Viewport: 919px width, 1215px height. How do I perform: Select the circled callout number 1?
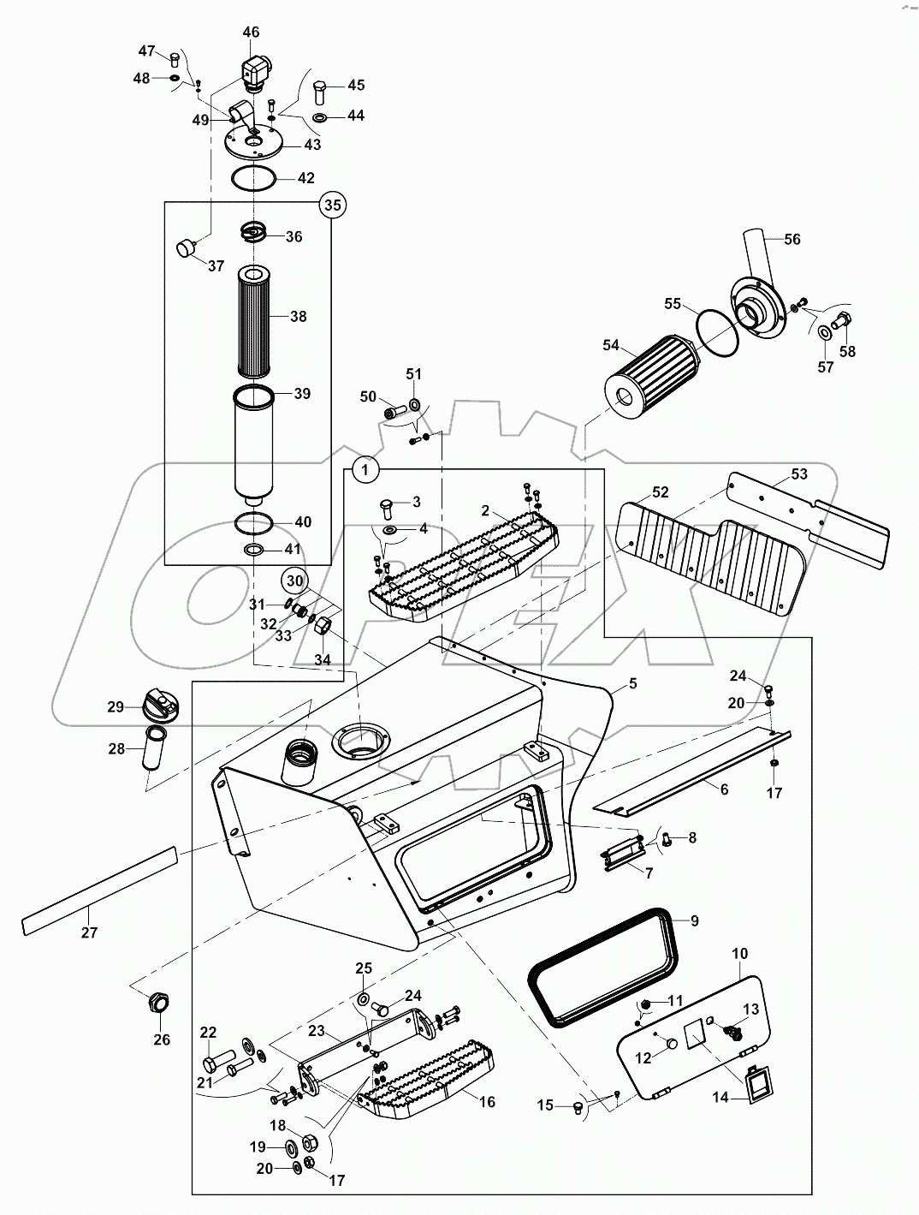tap(365, 469)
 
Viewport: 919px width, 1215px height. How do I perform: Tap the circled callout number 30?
tap(293, 581)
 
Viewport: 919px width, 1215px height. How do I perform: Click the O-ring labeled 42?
tap(253, 179)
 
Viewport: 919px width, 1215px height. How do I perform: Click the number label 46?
tap(251, 33)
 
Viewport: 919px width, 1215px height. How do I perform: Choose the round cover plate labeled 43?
tap(253, 142)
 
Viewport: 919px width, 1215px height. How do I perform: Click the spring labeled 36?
tap(253, 230)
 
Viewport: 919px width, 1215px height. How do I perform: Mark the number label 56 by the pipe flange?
tap(792, 239)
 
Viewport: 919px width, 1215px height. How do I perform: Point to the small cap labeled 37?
tap(186, 248)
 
